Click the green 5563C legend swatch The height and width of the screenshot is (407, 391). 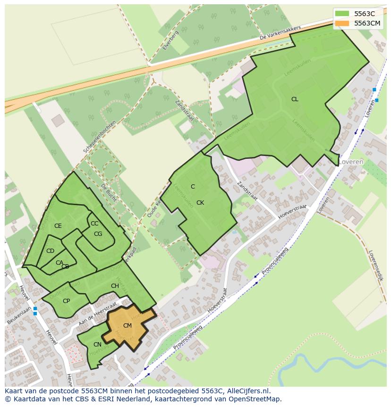pos(343,14)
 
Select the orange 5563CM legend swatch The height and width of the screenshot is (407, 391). pos(343,23)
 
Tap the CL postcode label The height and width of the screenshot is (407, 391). pos(295,99)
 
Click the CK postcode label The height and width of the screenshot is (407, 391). pos(200,203)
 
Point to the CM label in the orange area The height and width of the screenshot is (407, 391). pos(127,326)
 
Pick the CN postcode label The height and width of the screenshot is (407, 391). pos(97,345)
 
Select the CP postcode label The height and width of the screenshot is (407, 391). pos(66,301)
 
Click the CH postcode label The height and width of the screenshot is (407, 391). pos(115,286)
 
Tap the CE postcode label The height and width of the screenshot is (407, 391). pos(58,226)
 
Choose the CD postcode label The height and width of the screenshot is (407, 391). pos(50,251)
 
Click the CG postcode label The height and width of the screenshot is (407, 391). pos(98,234)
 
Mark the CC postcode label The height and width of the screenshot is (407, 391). pos(94,224)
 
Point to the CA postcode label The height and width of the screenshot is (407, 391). pos(59,263)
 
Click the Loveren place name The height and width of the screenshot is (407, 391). pos(351,162)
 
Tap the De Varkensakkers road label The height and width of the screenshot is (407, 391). pos(280,34)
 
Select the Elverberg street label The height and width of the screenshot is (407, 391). pos(168,41)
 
